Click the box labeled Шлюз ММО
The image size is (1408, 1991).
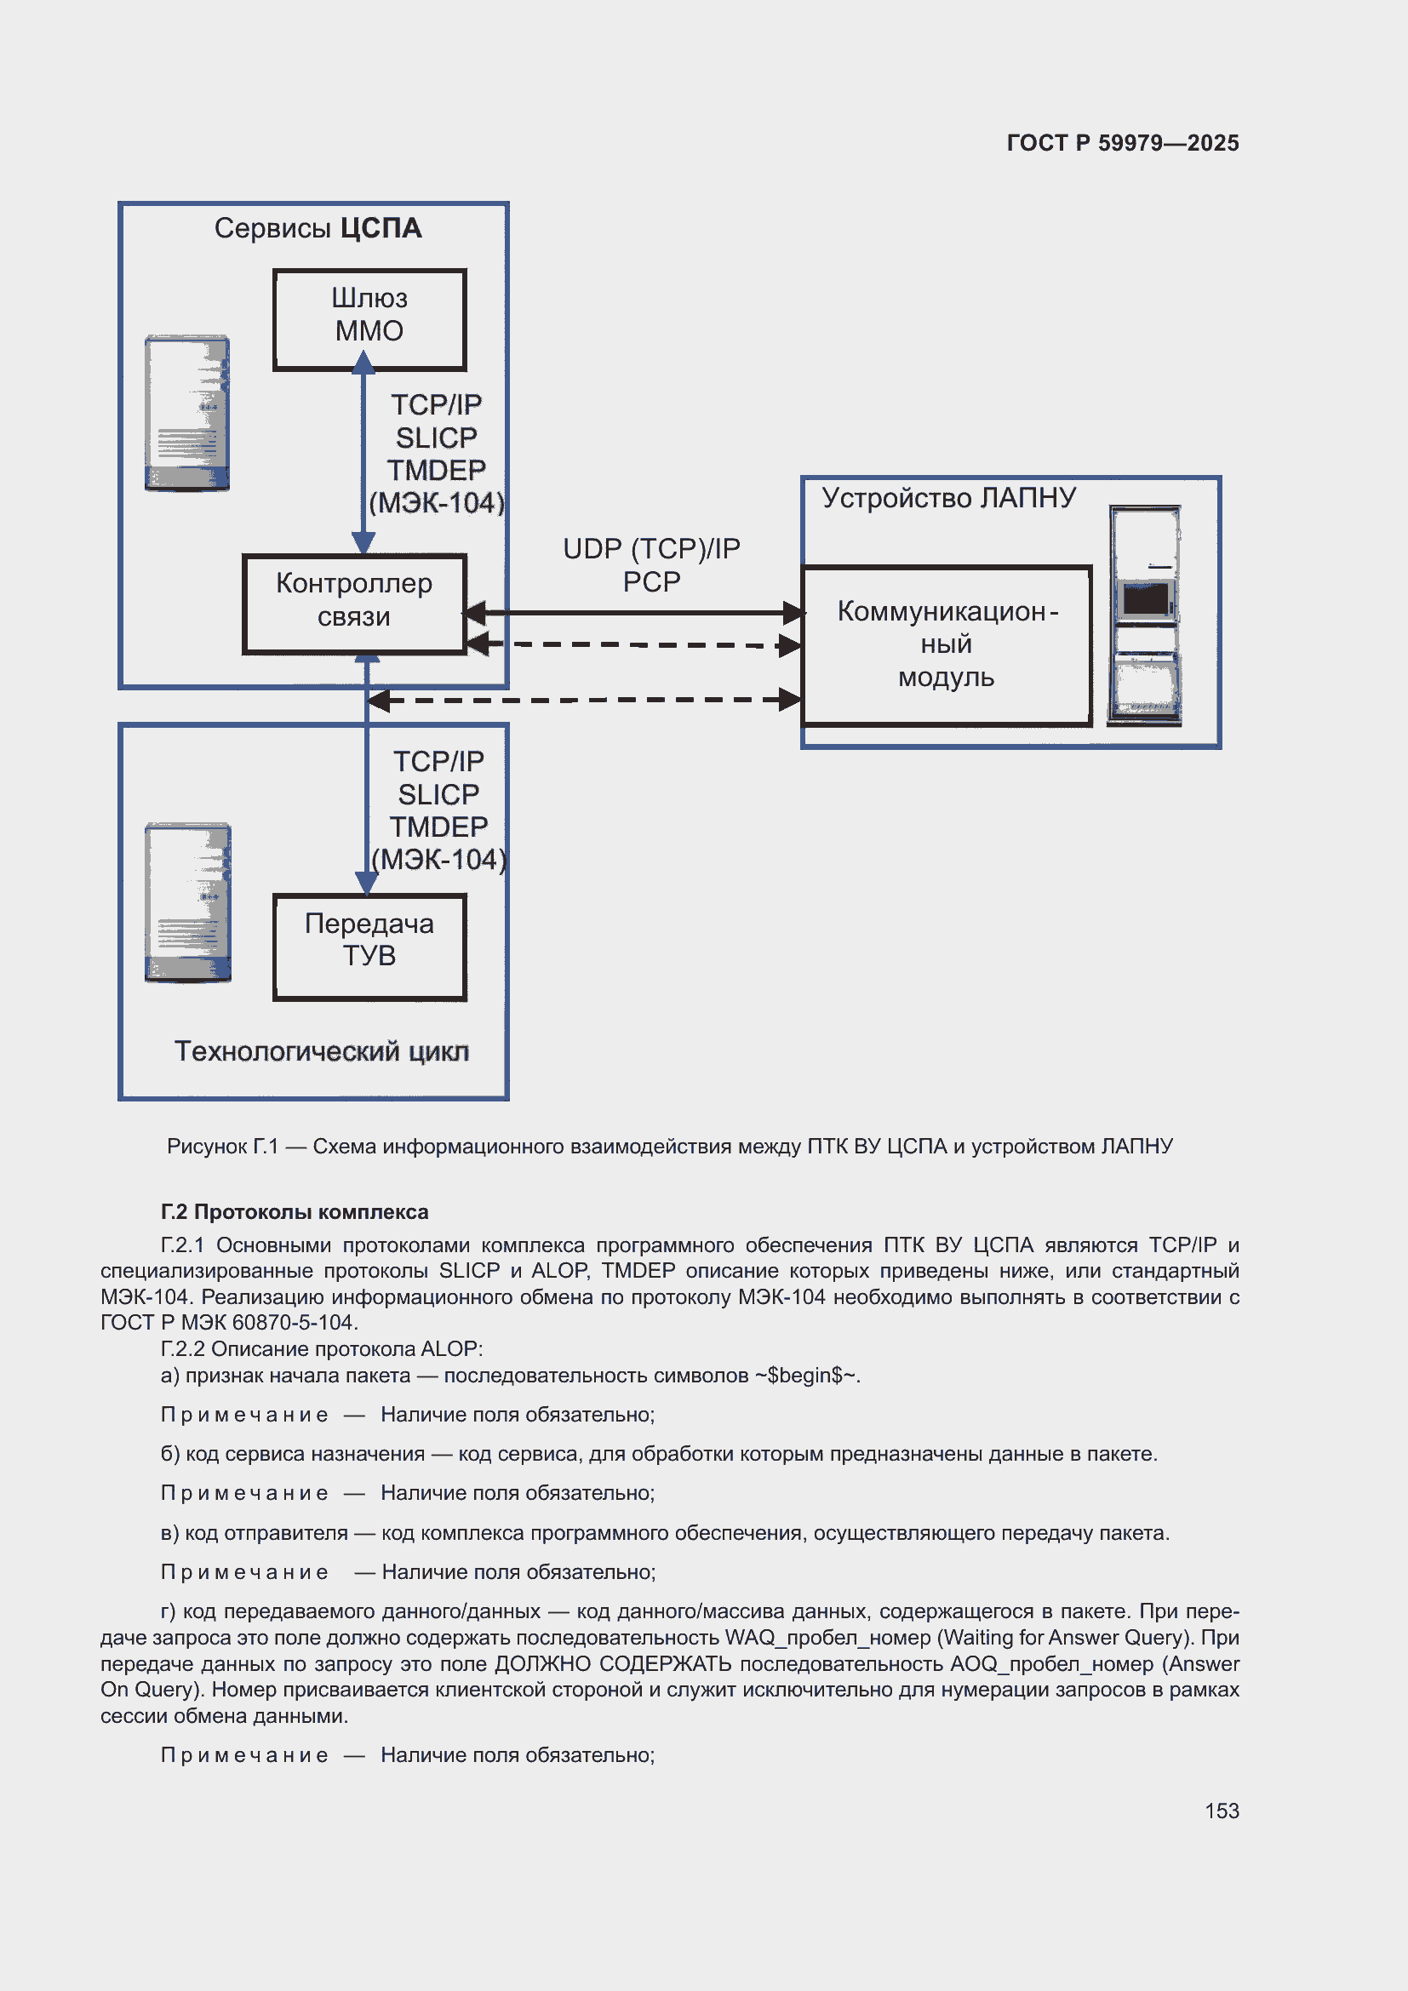click(369, 318)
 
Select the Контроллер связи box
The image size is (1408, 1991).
click(354, 603)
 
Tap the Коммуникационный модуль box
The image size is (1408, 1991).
click(946, 644)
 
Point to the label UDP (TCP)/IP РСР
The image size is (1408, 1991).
click(651, 564)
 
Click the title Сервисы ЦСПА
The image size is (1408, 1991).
click(318, 228)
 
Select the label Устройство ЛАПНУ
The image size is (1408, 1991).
click(948, 498)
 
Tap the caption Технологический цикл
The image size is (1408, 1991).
click(322, 1051)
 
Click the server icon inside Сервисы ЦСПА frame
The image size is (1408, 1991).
click(187, 413)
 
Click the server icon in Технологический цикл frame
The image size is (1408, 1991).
click(188, 901)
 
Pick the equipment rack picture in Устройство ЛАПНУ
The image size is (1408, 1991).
click(1144, 615)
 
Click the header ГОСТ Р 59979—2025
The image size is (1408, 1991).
click(1122, 143)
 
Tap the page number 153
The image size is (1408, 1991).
click(1221, 1811)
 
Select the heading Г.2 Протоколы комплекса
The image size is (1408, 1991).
click(294, 1211)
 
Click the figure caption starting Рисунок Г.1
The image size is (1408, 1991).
click(669, 1147)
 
